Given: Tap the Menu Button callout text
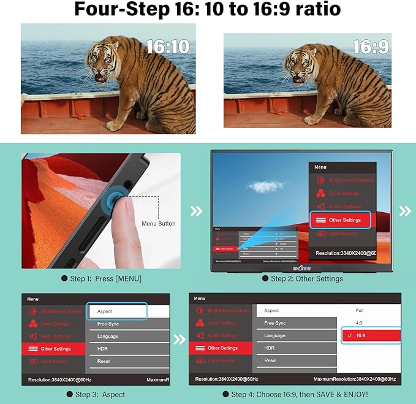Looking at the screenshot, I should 158,223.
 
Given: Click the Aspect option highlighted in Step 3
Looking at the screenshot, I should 116,311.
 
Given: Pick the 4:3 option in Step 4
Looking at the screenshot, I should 359,323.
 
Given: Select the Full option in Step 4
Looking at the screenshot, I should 360,311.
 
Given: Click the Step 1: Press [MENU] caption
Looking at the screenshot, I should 101,279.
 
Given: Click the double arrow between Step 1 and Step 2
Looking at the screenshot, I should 195,211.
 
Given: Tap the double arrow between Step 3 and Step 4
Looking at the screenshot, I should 180,339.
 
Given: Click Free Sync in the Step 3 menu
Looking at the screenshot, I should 108,324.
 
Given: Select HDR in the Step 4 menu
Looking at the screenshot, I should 269,348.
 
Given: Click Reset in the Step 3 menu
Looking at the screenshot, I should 104,361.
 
